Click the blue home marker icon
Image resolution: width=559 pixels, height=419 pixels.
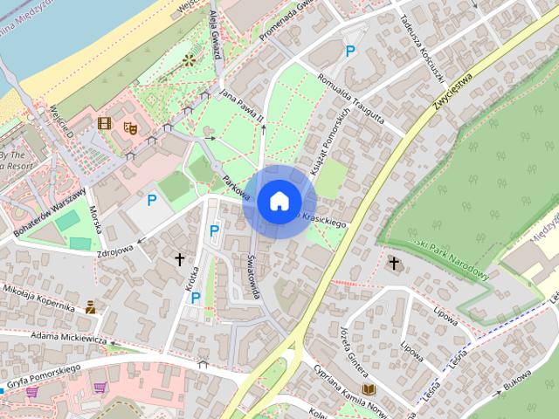[279, 201]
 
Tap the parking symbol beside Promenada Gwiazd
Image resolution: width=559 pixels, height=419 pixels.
[350, 52]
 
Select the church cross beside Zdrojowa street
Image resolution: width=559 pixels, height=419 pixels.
[180, 258]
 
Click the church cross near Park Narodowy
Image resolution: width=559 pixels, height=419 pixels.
[394, 262]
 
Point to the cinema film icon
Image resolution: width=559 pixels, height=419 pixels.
[104, 124]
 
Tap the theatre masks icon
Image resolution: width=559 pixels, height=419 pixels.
[131, 127]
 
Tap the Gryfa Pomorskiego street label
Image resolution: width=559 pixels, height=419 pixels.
[43, 370]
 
